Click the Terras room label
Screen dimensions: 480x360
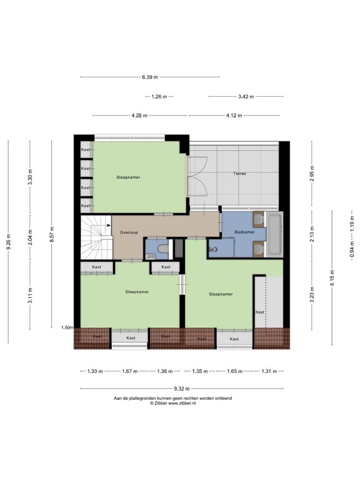point(239,173)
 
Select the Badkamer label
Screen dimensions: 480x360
point(244,232)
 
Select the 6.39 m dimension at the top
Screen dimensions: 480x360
point(150,77)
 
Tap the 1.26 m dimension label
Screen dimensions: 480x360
point(161,96)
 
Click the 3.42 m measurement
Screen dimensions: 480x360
point(247,96)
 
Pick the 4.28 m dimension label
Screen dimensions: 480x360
point(140,116)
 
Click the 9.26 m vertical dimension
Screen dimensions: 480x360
point(9,241)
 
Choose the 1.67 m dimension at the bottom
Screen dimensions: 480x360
point(129,371)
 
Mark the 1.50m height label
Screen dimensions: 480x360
point(67,327)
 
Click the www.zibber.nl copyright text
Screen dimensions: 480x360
point(181,404)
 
